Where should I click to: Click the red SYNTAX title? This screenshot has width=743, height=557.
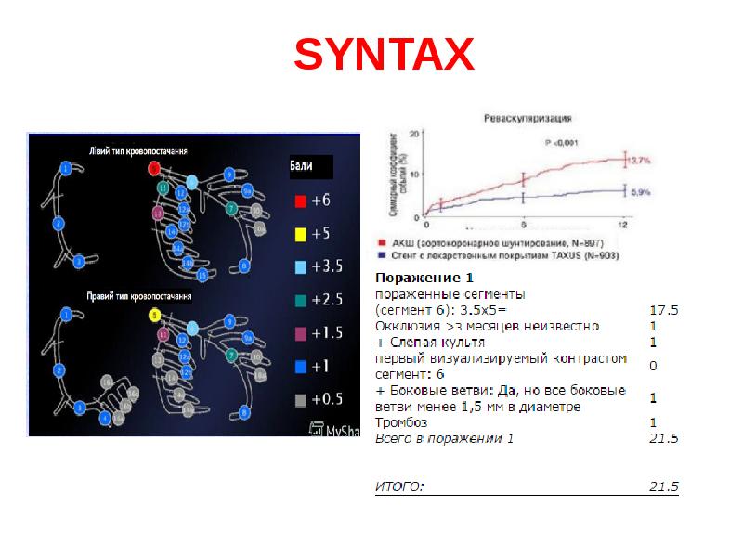(x=384, y=57)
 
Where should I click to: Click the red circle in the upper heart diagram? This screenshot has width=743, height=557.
(x=155, y=167)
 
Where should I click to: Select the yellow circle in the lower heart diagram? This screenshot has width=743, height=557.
(x=155, y=315)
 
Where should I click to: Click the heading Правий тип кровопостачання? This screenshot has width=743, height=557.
(x=138, y=298)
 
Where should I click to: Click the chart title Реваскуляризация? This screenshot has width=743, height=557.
(x=527, y=120)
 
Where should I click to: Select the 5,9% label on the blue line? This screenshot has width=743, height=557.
(x=640, y=192)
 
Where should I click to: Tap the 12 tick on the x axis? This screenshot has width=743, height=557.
(x=623, y=225)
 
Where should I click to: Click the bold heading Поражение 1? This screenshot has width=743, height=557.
(x=412, y=278)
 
